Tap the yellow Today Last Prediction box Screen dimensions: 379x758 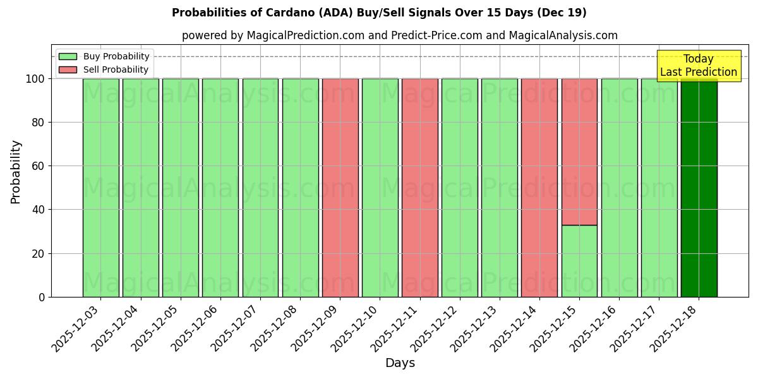coord(698,66)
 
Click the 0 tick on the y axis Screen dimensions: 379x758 coord(42,297)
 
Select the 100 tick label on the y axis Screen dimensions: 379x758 coord(35,79)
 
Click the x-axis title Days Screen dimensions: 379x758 coord(400,363)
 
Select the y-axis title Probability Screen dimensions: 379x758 coord(16,172)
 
